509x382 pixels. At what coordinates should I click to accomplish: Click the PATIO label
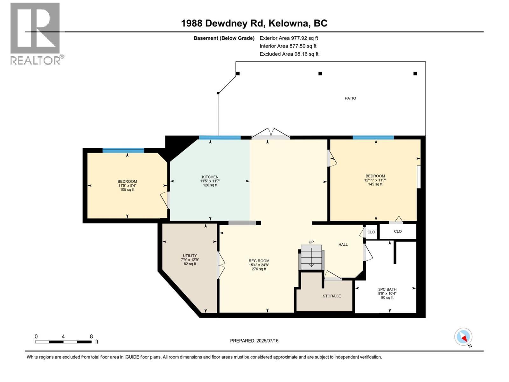(350, 98)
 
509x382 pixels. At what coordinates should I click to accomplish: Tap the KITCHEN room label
(210, 181)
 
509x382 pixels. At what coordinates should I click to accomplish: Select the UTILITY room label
(190, 259)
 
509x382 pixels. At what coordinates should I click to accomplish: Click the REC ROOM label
(259, 265)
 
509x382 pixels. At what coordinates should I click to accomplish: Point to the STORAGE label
(331, 296)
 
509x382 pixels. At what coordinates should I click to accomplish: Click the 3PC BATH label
(387, 294)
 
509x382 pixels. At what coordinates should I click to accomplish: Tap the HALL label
(343, 244)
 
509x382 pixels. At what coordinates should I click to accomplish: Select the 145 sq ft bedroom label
(375, 180)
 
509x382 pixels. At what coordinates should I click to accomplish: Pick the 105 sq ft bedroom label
(127, 185)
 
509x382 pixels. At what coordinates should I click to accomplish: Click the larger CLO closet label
(398, 231)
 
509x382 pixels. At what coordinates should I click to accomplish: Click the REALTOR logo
(36, 33)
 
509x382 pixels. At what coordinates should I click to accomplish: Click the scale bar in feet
(63, 342)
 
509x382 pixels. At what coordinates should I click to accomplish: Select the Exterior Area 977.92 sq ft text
(289, 38)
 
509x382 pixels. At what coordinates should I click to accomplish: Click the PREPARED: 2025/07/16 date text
(254, 341)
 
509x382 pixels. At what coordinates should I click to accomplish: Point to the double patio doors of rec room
(271, 135)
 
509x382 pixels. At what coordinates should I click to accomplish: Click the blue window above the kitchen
(220, 138)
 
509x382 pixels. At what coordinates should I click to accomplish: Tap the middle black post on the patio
(320, 74)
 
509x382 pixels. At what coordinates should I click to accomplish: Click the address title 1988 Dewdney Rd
(254, 23)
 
